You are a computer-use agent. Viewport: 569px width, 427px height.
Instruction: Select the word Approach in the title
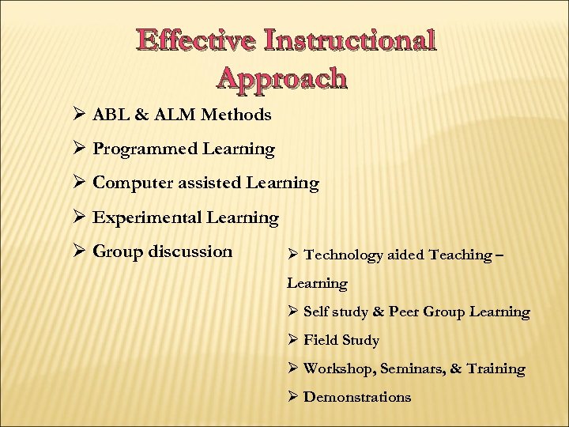coord(281,77)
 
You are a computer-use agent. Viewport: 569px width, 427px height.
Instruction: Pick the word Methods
coord(236,115)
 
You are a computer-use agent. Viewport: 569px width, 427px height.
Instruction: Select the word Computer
coord(132,183)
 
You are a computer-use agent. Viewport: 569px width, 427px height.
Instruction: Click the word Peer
coord(404,312)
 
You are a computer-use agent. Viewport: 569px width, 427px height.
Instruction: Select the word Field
coord(320,340)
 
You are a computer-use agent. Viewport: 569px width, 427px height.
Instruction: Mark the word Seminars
coord(413,368)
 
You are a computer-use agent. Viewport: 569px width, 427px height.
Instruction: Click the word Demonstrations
coord(357,397)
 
